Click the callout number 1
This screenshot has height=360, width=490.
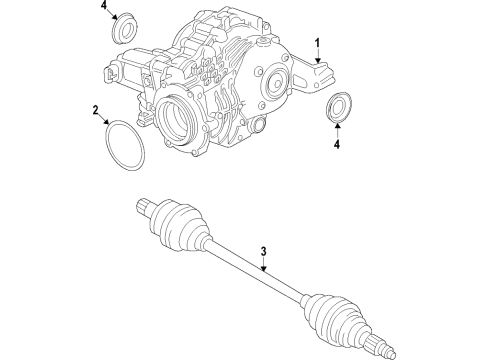[319, 43]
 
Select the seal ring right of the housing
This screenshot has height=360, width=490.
[338, 107]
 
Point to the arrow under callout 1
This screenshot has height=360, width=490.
[319, 59]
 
